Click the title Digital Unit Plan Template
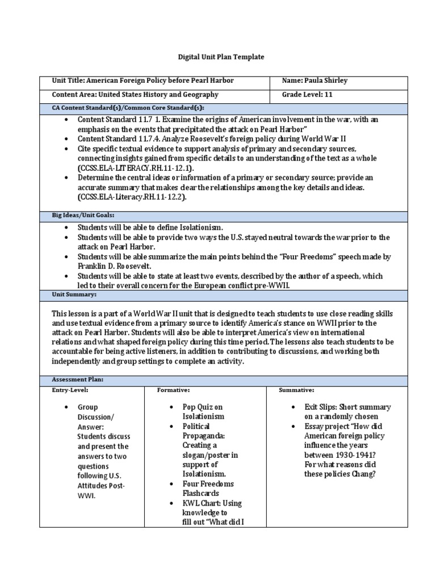(218, 57)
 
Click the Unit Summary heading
(74, 295)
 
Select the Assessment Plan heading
(78, 380)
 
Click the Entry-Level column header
(70, 390)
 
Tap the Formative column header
(173, 390)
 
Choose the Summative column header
(296, 390)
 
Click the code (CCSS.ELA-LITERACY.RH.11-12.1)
(136, 169)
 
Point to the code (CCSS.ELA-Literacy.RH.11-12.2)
(132, 197)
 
